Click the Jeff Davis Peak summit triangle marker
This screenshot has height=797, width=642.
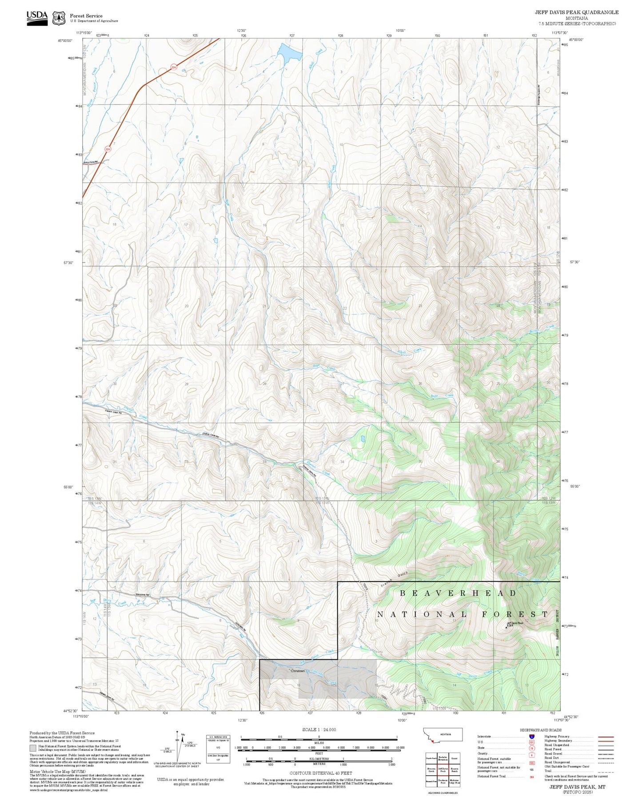[x=506, y=627]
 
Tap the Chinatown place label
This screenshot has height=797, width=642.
[x=298, y=671]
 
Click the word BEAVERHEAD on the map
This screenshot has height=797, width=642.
[x=458, y=593]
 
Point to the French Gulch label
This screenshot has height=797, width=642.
[x=394, y=580]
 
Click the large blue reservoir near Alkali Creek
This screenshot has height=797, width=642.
[x=289, y=52]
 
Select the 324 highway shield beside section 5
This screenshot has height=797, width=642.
[x=174, y=68]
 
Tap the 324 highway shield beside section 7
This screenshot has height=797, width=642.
[x=108, y=149]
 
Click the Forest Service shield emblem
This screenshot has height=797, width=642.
[x=59, y=18]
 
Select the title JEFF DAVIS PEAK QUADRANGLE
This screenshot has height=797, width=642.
[x=576, y=12]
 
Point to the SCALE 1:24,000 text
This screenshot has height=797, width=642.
[x=319, y=729]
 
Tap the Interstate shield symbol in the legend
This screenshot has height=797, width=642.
[x=531, y=737]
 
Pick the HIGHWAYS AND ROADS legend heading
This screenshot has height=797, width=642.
[x=540, y=730]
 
